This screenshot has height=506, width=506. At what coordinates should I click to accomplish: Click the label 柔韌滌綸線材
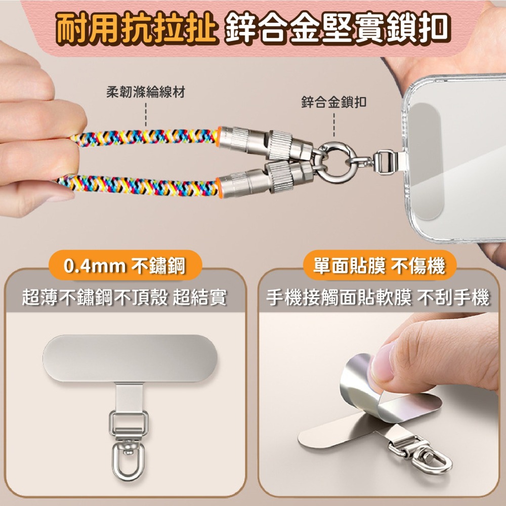point(146,92)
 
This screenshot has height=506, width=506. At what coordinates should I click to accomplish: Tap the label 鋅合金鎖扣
point(333,102)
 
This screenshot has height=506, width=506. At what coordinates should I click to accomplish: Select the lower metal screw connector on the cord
point(265,179)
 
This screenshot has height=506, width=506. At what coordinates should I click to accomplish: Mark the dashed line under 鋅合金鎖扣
point(334,124)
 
